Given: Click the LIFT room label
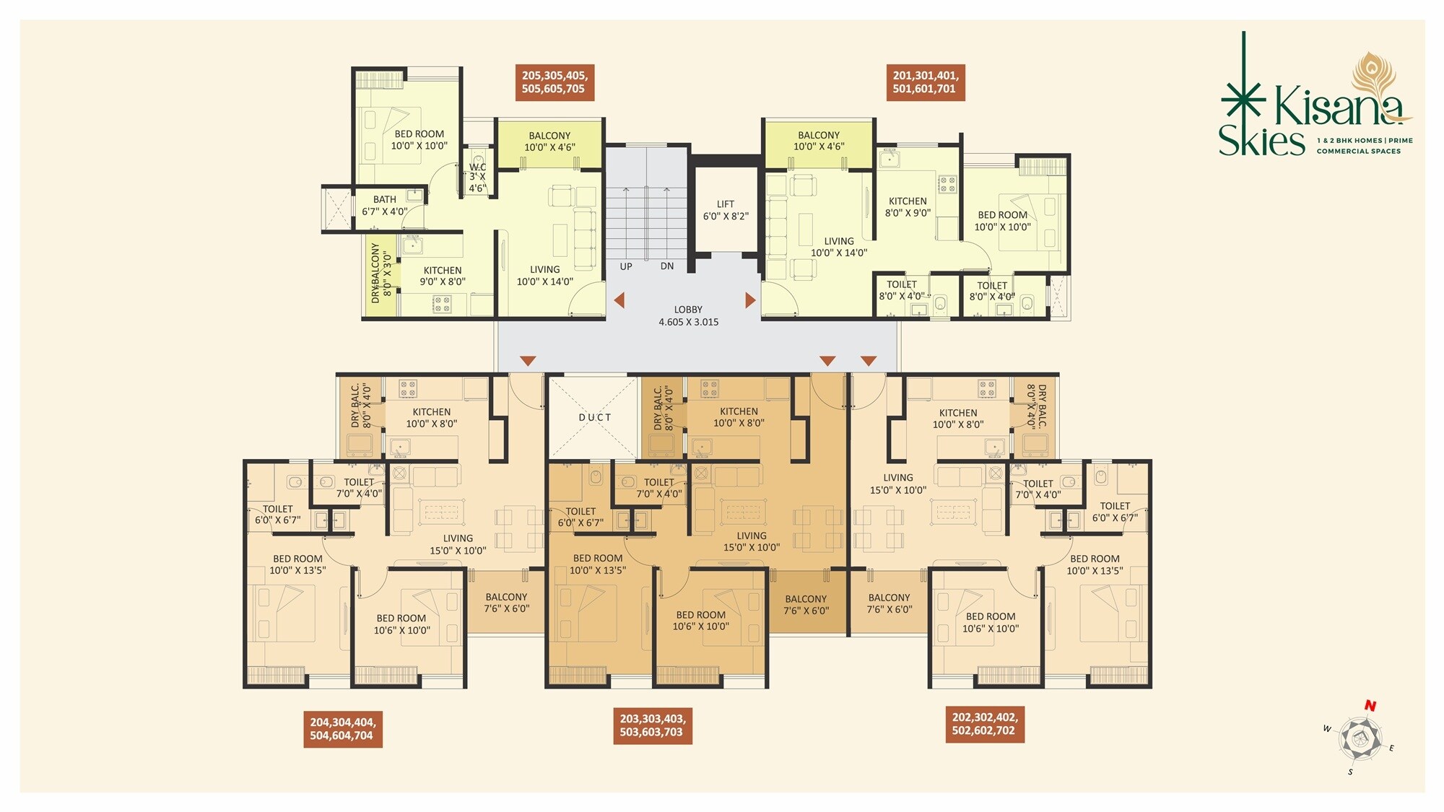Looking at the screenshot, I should (726, 210).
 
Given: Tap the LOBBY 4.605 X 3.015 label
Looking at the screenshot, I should (688, 316).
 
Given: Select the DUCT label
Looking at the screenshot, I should (595, 417).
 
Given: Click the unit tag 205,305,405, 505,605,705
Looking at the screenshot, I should (554, 82).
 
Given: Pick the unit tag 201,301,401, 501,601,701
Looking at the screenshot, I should (925, 82).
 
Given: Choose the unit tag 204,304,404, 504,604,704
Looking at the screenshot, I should (342, 729).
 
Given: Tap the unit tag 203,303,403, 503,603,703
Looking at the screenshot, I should (652, 725).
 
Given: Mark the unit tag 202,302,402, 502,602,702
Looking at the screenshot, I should (984, 724).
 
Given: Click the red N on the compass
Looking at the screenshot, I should (1370, 706).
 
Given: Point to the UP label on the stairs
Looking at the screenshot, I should (626, 266).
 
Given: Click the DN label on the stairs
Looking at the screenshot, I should (667, 266).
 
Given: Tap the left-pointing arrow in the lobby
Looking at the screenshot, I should (619, 300).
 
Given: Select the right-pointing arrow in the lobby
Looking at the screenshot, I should (750, 300).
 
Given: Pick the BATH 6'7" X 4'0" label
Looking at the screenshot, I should (385, 206).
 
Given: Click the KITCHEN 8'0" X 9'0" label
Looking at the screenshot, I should (908, 207).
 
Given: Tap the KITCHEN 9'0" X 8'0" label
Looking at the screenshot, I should (443, 276).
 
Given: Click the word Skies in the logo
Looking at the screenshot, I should (1261, 141).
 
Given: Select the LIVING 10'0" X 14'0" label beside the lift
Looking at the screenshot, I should (838, 247).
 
